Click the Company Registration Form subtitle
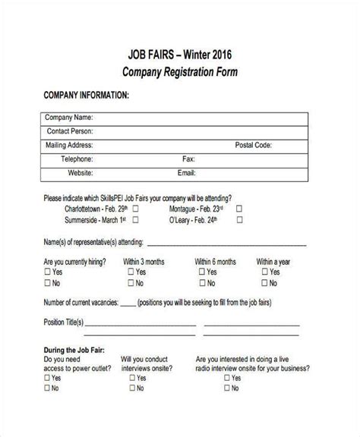[x=180, y=73]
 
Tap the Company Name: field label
[x=69, y=118]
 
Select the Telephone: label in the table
[x=77, y=159]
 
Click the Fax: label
[x=189, y=159]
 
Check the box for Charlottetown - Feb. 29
[x=136, y=208]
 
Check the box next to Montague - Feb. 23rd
[x=238, y=208]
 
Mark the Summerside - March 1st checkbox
[x=136, y=221]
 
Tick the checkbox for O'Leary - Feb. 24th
[x=238, y=221]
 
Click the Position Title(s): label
[x=63, y=322]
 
